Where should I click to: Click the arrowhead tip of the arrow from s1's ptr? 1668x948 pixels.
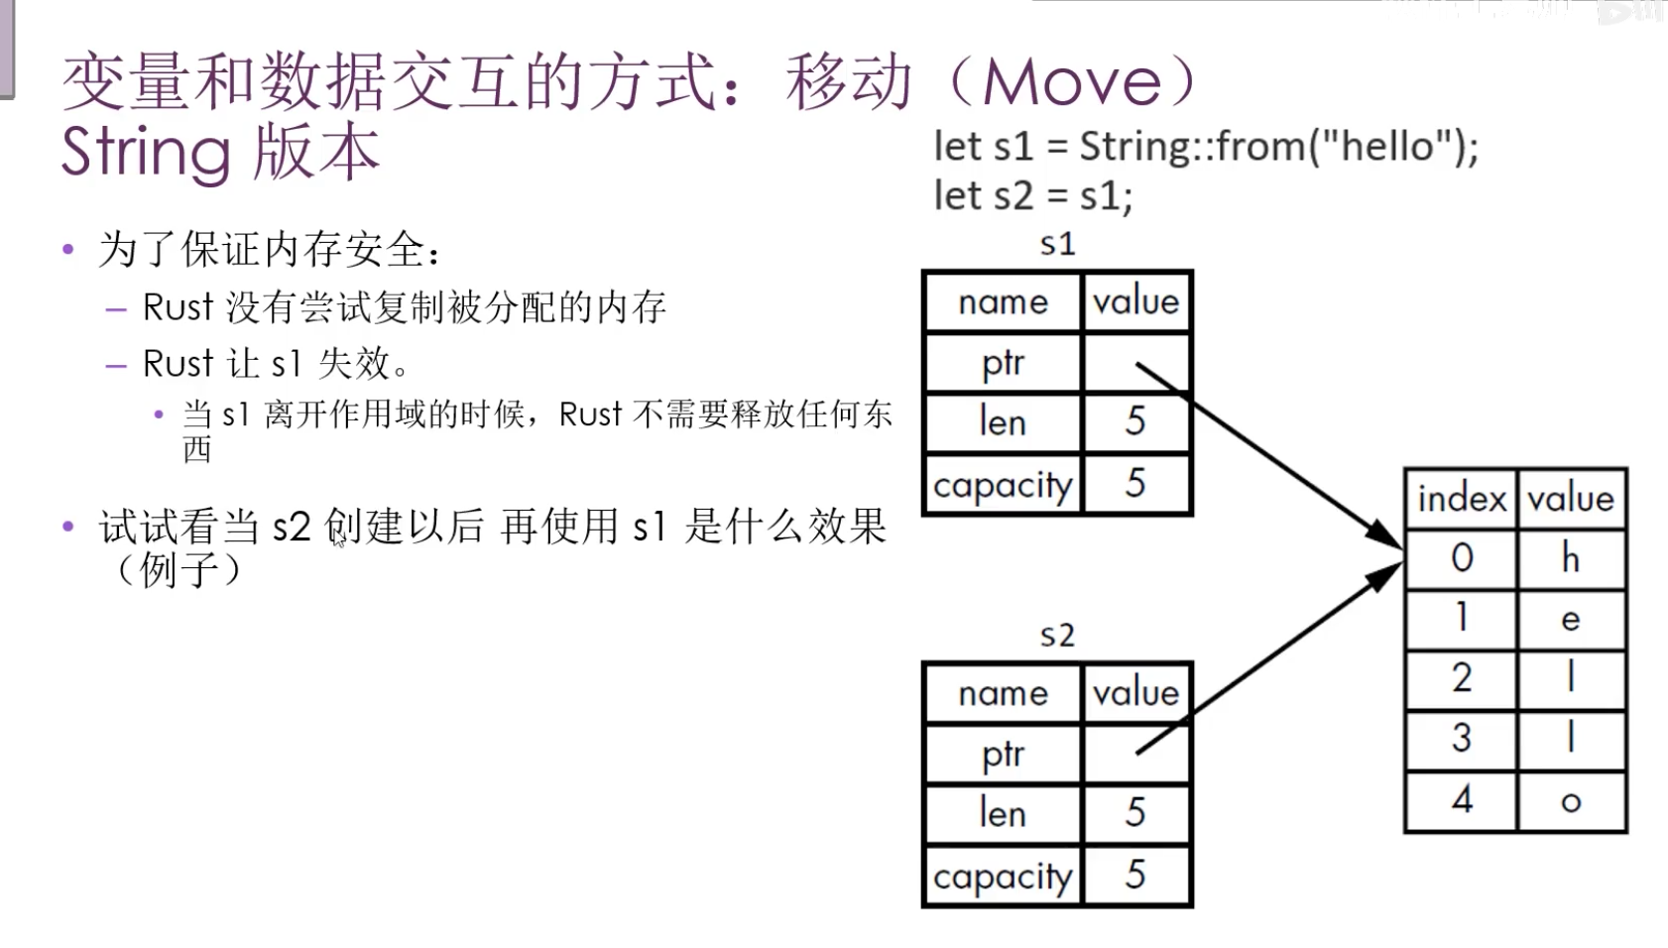coord(1402,549)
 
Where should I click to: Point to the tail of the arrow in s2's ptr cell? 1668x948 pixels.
coord(1137,754)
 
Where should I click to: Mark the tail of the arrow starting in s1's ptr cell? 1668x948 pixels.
coord(1137,363)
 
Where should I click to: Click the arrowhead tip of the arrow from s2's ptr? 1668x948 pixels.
coord(1402,563)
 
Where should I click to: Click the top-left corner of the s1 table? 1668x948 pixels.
coord(922,271)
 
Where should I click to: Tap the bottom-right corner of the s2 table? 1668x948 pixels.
coord(1193,906)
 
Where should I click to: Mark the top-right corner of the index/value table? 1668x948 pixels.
coord(1627,469)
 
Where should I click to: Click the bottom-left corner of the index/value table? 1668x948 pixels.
coord(1405,832)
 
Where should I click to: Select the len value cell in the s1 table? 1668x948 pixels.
coord(1136,422)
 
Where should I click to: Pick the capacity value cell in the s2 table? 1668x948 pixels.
coord(1136,875)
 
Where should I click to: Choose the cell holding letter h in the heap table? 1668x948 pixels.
coord(1571,559)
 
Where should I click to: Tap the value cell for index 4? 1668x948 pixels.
coord(1571,801)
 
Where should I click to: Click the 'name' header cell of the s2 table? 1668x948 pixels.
coord(1003,692)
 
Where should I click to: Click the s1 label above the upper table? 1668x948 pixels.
coord(1057,244)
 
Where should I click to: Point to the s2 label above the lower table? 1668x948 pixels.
coord(1057,636)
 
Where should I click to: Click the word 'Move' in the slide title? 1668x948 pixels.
coord(1072,81)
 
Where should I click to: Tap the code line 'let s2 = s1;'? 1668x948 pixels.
coord(1032,196)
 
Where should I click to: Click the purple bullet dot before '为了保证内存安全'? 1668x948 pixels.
coord(68,249)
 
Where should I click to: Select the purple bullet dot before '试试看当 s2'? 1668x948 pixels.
coord(68,527)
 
